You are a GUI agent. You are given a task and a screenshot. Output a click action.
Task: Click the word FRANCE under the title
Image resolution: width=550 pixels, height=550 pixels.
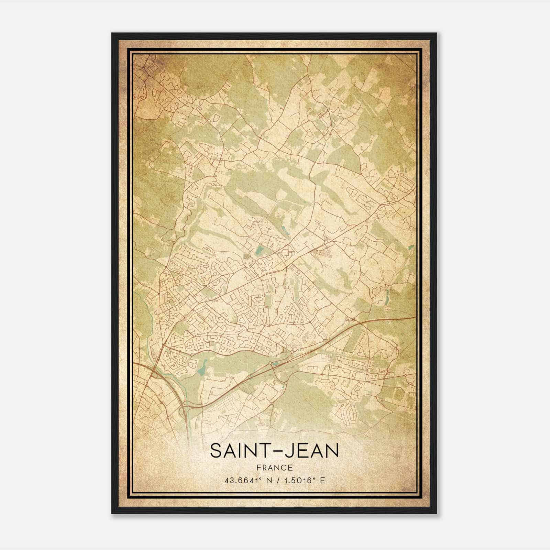[274, 467]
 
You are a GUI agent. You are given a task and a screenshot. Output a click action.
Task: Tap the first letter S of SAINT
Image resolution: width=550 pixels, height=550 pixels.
[216, 451]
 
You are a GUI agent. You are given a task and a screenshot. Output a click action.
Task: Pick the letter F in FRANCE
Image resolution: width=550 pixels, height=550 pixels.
[258, 467]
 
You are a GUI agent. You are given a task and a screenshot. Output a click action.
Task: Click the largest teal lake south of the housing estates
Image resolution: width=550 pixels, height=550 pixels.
[202, 368]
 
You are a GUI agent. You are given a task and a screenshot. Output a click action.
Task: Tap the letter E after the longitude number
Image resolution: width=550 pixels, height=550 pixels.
[322, 481]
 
